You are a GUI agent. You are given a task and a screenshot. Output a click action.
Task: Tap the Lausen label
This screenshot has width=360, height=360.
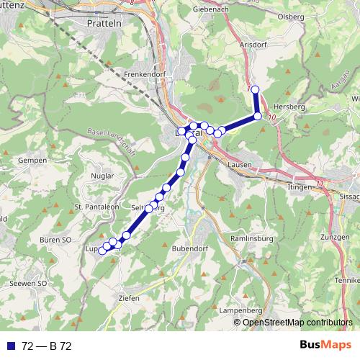[238, 164]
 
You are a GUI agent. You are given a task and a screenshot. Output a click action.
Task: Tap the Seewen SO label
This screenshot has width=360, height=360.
[28, 284]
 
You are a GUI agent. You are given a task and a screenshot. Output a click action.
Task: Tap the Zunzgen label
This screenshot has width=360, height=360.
[336, 236]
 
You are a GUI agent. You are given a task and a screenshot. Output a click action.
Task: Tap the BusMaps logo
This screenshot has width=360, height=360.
[325, 346]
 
